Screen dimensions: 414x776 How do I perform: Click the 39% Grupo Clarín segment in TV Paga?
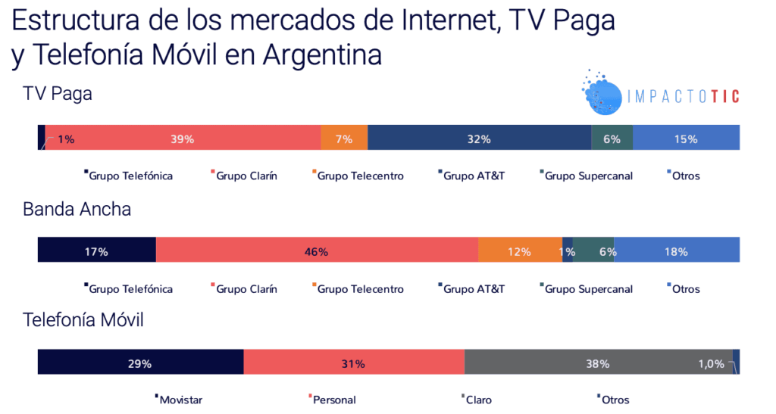[x=183, y=139]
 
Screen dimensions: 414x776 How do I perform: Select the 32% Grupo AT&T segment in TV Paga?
[x=479, y=139]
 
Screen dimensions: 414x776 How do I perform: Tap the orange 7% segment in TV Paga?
[x=344, y=139]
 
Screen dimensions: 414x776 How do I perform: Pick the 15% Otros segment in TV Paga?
[x=687, y=139]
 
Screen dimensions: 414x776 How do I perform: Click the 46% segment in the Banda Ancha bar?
[x=317, y=251]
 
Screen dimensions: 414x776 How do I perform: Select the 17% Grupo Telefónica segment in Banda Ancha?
[x=96, y=251]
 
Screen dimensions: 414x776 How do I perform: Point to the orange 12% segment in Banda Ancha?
[x=520, y=251]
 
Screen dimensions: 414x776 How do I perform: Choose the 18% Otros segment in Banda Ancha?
[x=676, y=251]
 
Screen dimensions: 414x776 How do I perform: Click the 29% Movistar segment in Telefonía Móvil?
[x=140, y=363]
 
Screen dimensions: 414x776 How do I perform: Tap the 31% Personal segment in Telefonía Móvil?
[x=353, y=363]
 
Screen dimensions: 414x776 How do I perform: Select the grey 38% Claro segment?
[x=598, y=363]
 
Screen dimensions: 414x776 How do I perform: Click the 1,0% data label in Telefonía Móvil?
[x=711, y=363]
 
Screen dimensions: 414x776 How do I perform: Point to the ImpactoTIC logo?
[x=660, y=95]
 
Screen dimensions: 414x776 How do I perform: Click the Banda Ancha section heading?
[x=77, y=209]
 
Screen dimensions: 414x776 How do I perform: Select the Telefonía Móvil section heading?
[x=83, y=320]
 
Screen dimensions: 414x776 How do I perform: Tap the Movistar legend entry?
[x=180, y=400]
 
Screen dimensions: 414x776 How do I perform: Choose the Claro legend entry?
[x=477, y=400]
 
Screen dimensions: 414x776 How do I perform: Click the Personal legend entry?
[x=333, y=400]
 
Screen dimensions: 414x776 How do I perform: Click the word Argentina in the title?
[x=321, y=54]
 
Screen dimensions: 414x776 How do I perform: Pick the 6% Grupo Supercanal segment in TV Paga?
[x=612, y=139]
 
